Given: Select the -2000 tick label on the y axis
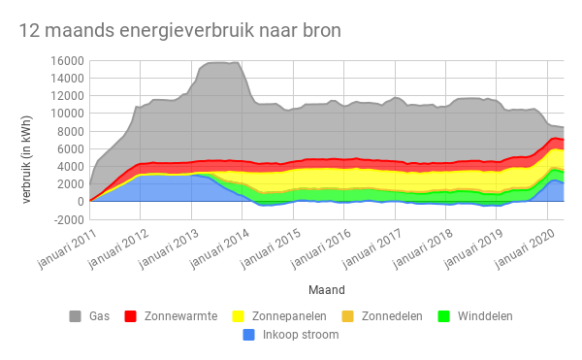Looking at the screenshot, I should (66, 219).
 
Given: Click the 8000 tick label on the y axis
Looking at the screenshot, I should (69, 131).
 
